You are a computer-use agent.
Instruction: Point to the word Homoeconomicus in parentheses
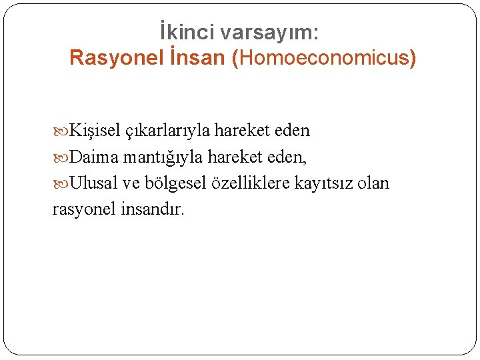click(x=324, y=58)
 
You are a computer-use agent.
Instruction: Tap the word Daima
click(x=93, y=157)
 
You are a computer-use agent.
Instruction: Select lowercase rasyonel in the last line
click(x=84, y=209)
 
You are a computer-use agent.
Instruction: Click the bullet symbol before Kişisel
click(x=60, y=131)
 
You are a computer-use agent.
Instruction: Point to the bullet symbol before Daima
click(x=60, y=157)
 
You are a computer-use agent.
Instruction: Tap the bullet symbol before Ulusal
click(x=60, y=183)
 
